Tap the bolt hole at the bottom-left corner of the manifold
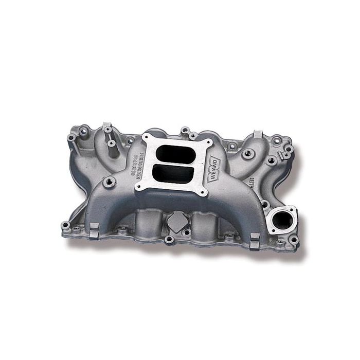tap(65, 225)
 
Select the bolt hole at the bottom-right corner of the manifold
tap(293, 239)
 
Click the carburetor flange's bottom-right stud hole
tap(204, 193)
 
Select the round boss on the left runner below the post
tap(109, 181)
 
